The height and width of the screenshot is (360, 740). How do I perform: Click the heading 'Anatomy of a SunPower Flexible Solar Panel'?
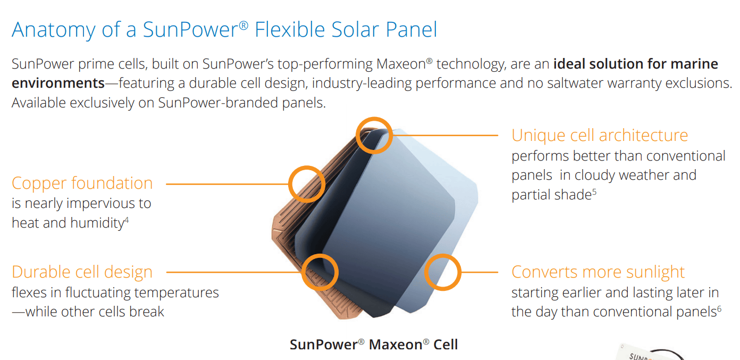point(224,30)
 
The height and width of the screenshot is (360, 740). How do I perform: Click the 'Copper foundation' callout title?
point(82,183)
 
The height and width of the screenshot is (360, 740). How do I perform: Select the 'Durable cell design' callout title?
point(82,272)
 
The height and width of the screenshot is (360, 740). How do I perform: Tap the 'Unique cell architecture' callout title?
point(600,135)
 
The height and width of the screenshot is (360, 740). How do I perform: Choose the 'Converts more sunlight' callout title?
point(598,272)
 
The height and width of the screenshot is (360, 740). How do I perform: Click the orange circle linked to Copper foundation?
point(306,184)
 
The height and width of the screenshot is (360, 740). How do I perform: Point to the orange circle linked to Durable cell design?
point(319,272)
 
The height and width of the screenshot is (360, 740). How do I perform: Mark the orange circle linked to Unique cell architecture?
point(374,135)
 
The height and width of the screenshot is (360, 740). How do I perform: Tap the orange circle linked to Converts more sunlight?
point(442,272)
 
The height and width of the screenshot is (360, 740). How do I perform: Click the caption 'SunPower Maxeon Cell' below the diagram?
point(373,344)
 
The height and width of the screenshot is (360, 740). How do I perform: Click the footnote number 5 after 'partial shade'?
point(594,191)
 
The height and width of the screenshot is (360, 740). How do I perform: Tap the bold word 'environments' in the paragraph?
point(58,83)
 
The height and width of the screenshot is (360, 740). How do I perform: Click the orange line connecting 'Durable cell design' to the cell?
point(234,272)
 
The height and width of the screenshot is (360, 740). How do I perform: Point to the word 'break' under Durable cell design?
point(146,312)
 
